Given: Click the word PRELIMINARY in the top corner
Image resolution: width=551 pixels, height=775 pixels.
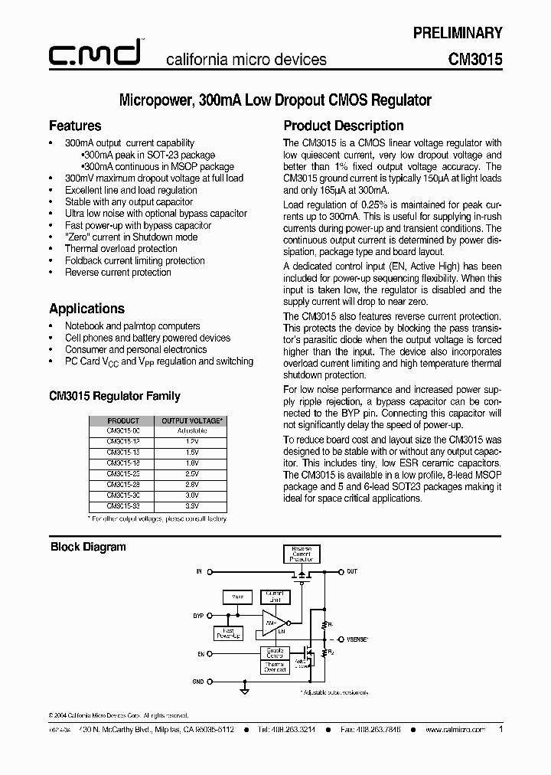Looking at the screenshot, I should (x=458, y=33).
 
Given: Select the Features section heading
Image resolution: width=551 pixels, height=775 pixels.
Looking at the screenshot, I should (x=75, y=126).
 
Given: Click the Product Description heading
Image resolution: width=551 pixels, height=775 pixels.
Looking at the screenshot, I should (x=344, y=126).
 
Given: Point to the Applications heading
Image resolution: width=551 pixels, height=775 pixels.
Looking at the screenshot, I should (x=86, y=309).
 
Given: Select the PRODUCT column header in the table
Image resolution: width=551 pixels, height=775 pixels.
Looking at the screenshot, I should (x=123, y=420).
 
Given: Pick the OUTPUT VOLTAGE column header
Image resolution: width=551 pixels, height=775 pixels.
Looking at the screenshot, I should (x=191, y=420).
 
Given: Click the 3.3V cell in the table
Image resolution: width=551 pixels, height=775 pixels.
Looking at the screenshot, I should (x=191, y=507).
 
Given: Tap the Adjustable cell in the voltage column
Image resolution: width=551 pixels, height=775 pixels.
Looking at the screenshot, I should (x=191, y=431).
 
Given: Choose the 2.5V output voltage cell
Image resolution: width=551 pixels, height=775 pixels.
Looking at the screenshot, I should (x=191, y=475).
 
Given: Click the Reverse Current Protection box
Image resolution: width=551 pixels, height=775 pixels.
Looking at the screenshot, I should (x=302, y=554).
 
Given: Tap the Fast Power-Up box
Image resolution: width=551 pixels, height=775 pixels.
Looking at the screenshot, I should (x=228, y=633).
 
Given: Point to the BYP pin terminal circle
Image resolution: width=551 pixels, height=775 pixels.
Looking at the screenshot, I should (x=209, y=615).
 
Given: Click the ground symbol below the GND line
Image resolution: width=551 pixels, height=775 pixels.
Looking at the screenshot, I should (x=244, y=691).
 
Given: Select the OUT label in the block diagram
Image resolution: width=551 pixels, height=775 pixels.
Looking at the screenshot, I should (x=352, y=571).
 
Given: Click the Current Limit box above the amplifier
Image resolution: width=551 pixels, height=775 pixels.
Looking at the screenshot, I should (x=274, y=597).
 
